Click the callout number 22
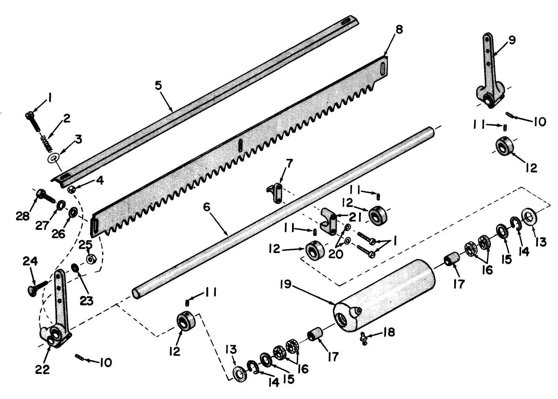[x=43, y=369]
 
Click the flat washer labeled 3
[x=52, y=158]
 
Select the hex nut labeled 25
[x=90, y=260]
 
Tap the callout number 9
[x=511, y=41]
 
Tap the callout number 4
[x=100, y=181]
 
